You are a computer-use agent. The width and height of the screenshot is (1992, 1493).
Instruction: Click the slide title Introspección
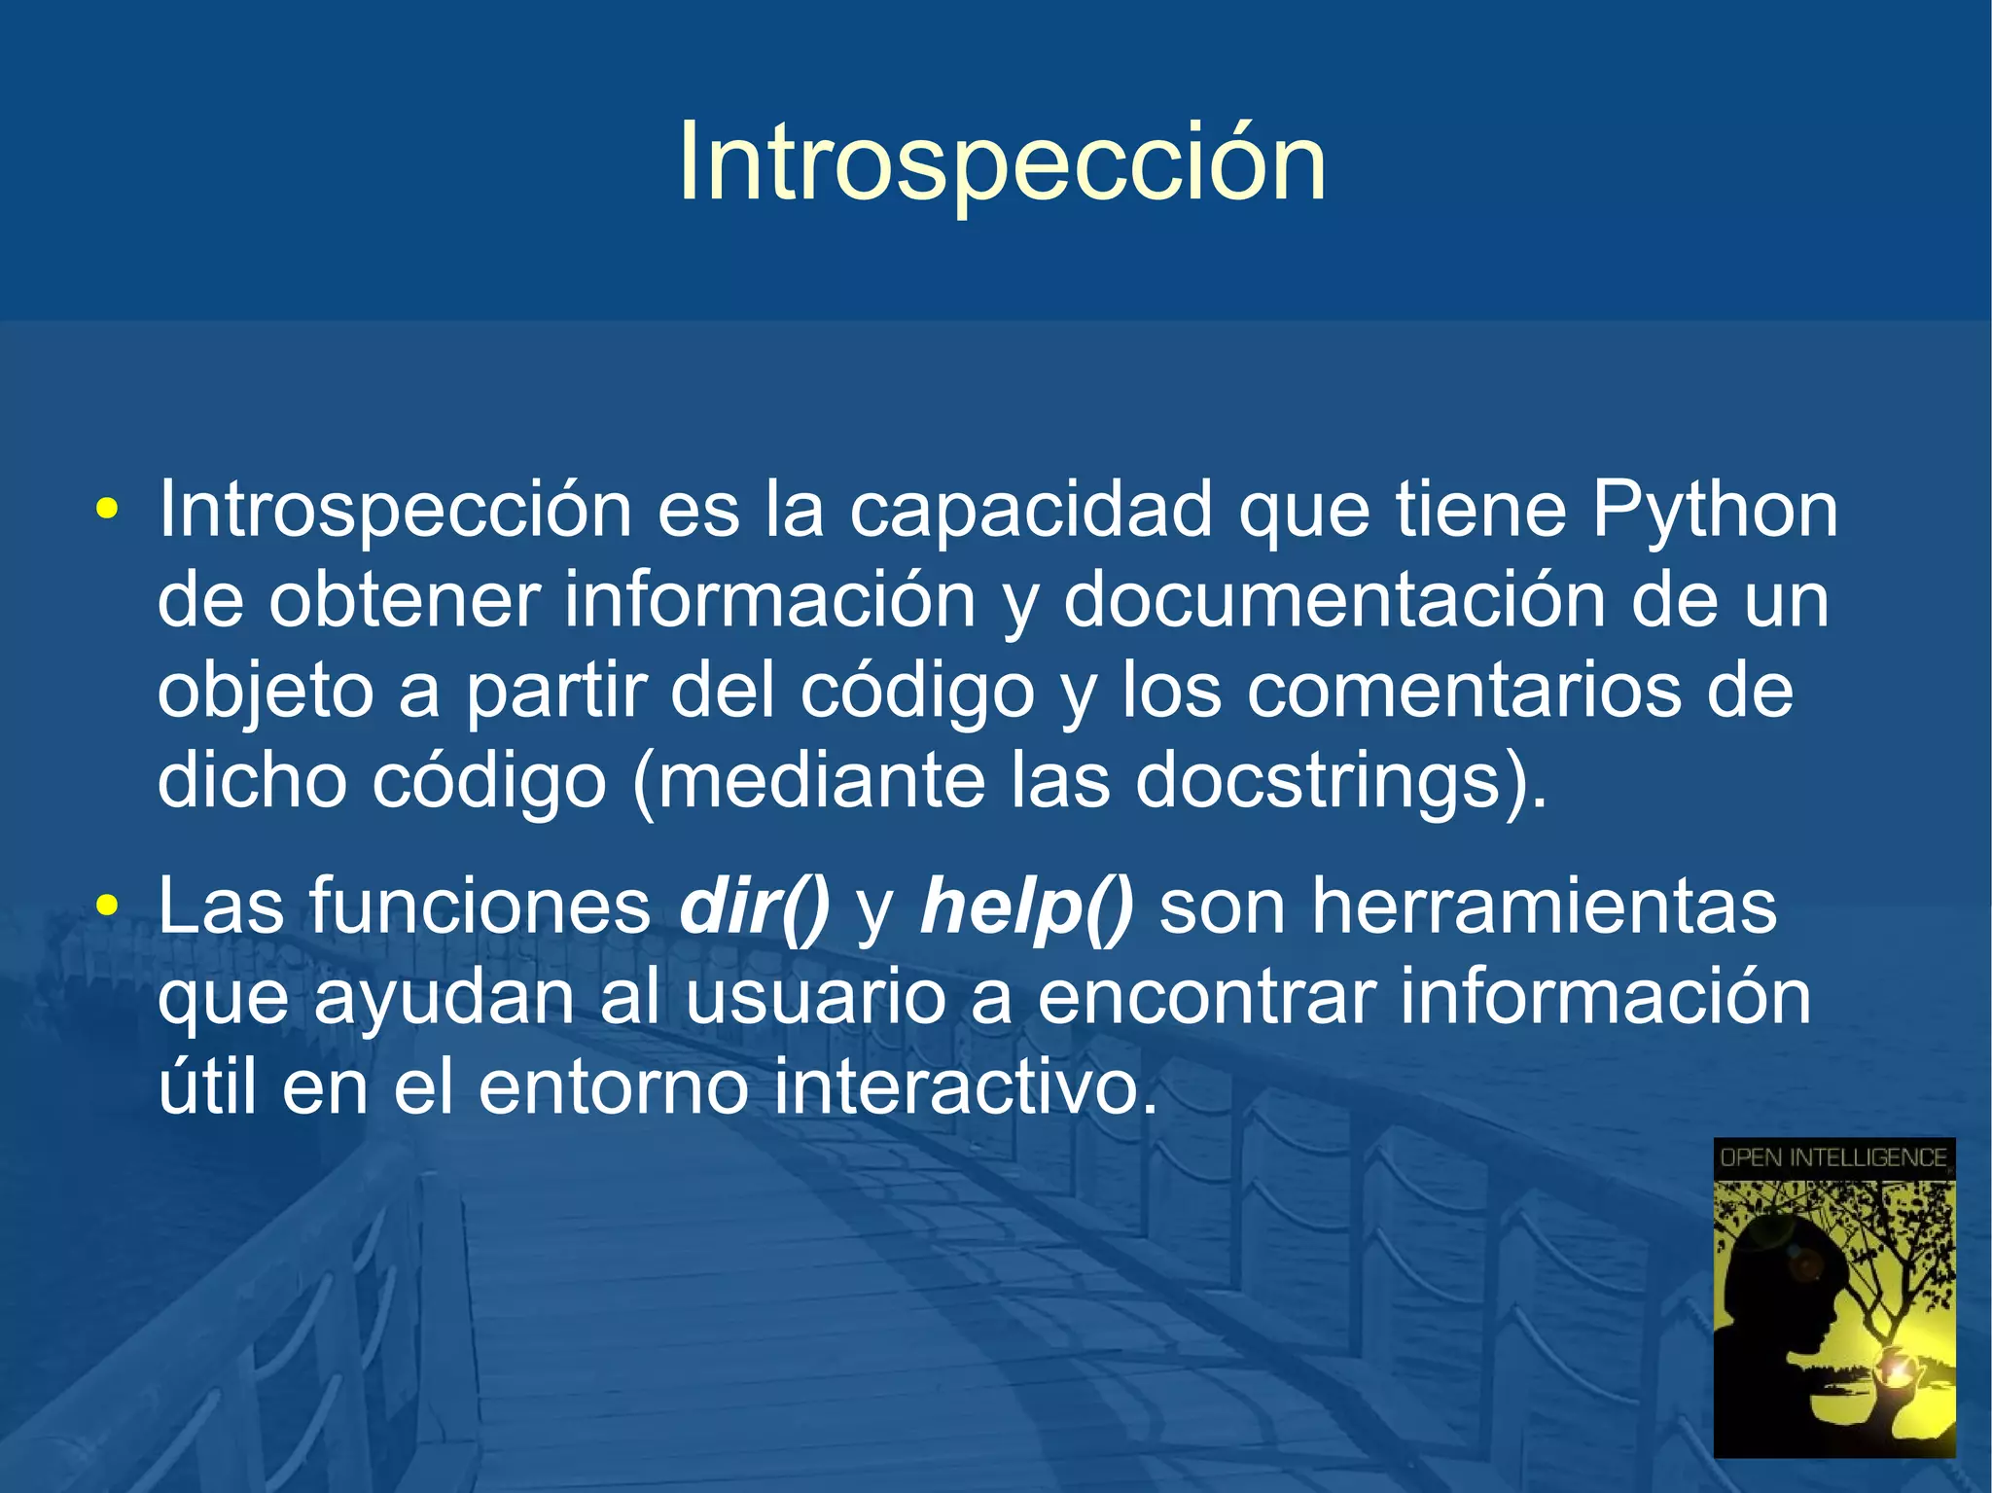pos(1002,162)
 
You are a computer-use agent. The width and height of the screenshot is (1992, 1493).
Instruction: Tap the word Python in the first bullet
pos(1714,510)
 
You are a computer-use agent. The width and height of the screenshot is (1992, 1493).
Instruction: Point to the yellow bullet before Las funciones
pos(107,906)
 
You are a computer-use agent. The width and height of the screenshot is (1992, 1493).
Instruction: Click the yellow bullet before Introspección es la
pos(107,509)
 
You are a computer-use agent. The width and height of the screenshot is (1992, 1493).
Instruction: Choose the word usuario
pos(815,997)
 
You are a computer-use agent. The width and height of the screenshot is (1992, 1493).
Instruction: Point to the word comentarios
pos(1464,691)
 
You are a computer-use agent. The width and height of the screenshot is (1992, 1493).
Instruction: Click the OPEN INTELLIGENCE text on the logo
pos(1832,1157)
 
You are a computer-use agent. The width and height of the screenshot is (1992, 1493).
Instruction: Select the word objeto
pos(265,691)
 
